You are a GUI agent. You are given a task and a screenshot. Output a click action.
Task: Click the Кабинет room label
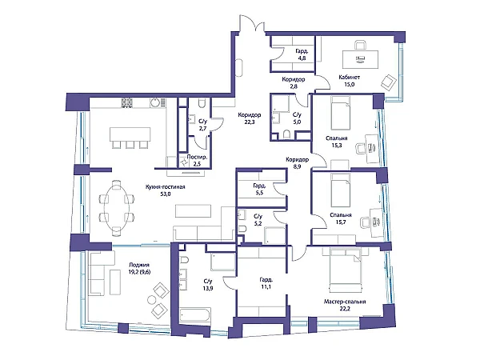[x=350, y=78]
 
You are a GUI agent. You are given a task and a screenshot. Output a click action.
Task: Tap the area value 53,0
[x=166, y=194]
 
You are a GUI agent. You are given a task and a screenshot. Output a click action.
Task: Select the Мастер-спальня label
[x=345, y=302]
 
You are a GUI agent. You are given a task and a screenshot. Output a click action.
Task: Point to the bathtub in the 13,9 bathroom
[x=195, y=316]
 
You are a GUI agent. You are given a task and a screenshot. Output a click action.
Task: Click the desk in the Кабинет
[x=360, y=59]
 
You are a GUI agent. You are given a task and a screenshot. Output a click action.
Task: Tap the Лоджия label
[x=139, y=265]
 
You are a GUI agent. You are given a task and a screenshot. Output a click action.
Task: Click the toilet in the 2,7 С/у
[x=202, y=104]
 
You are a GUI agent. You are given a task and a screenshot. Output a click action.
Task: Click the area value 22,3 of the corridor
[x=250, y=122]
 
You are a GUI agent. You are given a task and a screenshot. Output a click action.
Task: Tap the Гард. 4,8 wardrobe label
[x=300, y=54]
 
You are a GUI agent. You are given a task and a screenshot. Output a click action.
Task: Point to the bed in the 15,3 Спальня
[x=341, y=114]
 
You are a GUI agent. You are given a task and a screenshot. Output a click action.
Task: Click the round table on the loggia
[x=152, y=299]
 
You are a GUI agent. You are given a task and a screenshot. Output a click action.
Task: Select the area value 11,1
[x=266, y=287]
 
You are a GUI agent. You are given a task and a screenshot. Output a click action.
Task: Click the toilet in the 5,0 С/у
[x=287, y=134]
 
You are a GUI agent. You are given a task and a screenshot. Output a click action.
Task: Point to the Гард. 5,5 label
[x=259, y=189]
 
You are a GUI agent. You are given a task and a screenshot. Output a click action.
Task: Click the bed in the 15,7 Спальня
[x=341, y=190]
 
